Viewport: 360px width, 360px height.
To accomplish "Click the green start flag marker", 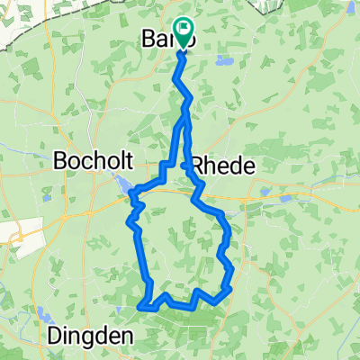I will tap(183, 33).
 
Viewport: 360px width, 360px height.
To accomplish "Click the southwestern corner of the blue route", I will tap(140, 307).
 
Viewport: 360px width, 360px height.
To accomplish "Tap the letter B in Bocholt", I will tap(62, 162).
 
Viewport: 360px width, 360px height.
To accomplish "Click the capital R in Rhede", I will tap(193, 166).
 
